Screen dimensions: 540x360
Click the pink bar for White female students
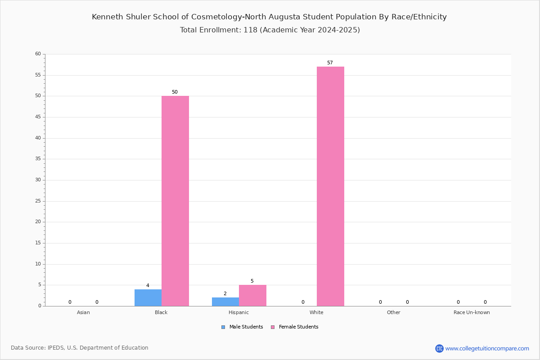pyautogui.click(x=330, y=186)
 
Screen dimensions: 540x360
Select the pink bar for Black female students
pyautogui.click(x=175, y=201)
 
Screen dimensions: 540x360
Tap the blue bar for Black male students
pyautogui.click(x=148, y=298)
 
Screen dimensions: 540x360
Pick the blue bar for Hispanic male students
pyautogui.click(x=225, y=302)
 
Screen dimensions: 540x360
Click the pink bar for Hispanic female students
pyautogui.click(x=252, y=296)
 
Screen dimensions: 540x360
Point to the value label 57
pyautogui.click(x=330, y=63)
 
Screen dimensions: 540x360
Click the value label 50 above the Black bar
pyautogui.click(x=175, y=92)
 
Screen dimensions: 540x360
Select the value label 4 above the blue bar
pyautogui.click(x=148, y=285)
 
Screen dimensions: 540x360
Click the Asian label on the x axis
pyautogui.click(x=83, y=312)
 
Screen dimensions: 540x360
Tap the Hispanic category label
pyautogui.click(x=238, y=312)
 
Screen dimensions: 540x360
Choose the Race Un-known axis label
pyautogui.click(x=472, y=312)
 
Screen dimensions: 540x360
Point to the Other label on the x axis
pyautogui.click(x=394, y=312)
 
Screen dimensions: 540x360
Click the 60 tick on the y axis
pyautogui.click(x=38, y=54)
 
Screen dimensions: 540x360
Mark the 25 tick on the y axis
pyautogui.click(x=38, y=201)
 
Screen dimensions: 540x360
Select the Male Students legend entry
pyautogui.click(x=242, y=327)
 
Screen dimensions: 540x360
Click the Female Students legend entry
pyautogui.click(x=295, y=327)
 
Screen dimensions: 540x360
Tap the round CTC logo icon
pyautogui.click(x=439, y=348)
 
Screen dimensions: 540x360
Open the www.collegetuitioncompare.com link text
pyautogui.click(x=487, y=348)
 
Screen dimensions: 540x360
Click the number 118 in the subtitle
pyautogui.click(x=251, y=30)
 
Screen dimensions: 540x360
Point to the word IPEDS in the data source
pyautogui.click(x=56, y=348)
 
